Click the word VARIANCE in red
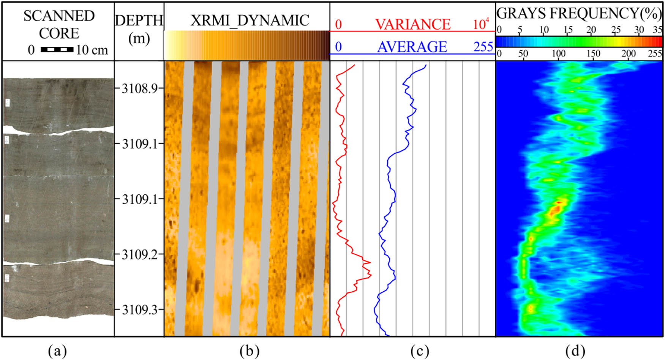click(x=413, y=25)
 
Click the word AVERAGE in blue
click(x=412, y=47)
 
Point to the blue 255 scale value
click(x=483, y=47)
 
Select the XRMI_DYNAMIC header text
click(x=250, y=21)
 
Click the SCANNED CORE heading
click(x=59, y=24)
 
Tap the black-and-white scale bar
click(x=57, y=50)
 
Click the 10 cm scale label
click(x=92, y=50)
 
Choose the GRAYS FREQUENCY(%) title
click(x=579, y=13)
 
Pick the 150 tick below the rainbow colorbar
click(x=593, y=54)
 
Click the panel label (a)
click(x=58, y=351)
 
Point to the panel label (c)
click(x=420, y=351)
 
